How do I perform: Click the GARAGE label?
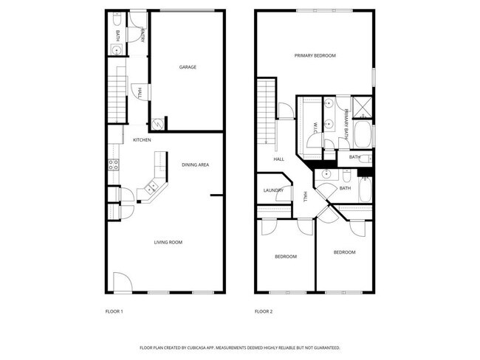coord(188,68)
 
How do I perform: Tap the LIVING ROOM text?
coord(168,242)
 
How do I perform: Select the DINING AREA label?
coord(196,165)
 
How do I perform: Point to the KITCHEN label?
coord(142,140)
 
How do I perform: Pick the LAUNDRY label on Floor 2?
coord(274,191)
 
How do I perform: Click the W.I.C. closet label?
coord(315,127)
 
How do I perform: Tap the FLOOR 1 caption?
coord(114,312)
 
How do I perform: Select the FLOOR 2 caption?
coord(264,312)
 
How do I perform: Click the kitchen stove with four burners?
coord(114,165)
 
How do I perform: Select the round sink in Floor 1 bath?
coord(117,50)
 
